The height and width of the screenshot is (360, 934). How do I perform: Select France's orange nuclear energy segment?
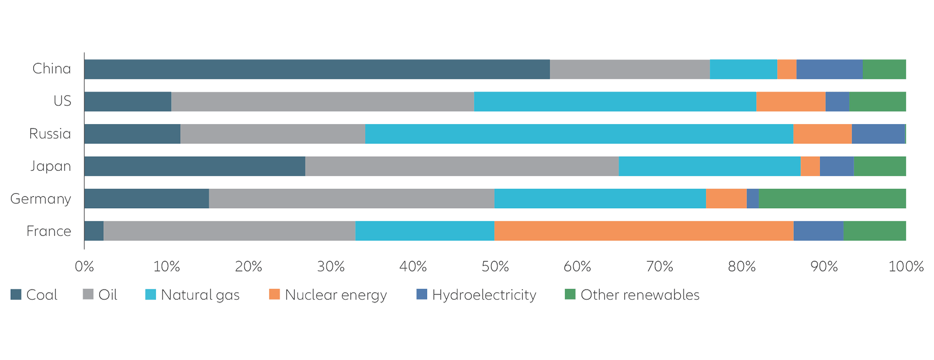pos(644,231)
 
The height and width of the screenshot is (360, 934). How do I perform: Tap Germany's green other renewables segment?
pos(832,198)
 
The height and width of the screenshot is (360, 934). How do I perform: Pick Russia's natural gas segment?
pos(579,134)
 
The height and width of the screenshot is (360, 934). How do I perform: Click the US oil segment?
pos(323,102)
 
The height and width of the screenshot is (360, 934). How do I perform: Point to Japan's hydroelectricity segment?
pos(837,166)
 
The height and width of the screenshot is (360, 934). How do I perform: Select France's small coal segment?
pos(94,231)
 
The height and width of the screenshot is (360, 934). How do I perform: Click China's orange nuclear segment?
pos(787,69)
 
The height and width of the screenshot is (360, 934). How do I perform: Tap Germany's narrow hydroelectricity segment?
pos(753,198)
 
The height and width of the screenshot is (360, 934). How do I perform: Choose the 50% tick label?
pos(495,267)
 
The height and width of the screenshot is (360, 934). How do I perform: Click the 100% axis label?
pos(906,267)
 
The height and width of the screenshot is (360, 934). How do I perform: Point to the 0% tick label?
pos(84,267)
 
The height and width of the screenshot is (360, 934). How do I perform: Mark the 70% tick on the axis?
pos(659,267)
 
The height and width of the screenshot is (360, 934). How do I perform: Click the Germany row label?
pos(41,199)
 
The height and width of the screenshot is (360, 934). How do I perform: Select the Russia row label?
pos(50,134)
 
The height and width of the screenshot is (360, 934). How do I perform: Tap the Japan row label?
pos(50,166)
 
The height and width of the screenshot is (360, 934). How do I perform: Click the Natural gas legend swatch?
pos(151,295)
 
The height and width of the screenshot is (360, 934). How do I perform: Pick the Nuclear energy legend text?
pos(336,295)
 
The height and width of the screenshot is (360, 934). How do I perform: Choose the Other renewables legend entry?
pos(632,295)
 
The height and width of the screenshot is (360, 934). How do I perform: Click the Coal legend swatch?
pos(16,295)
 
